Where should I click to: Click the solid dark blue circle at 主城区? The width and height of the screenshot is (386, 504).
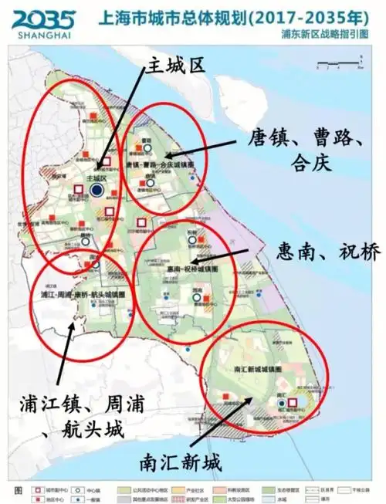click(x=96, y=189)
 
